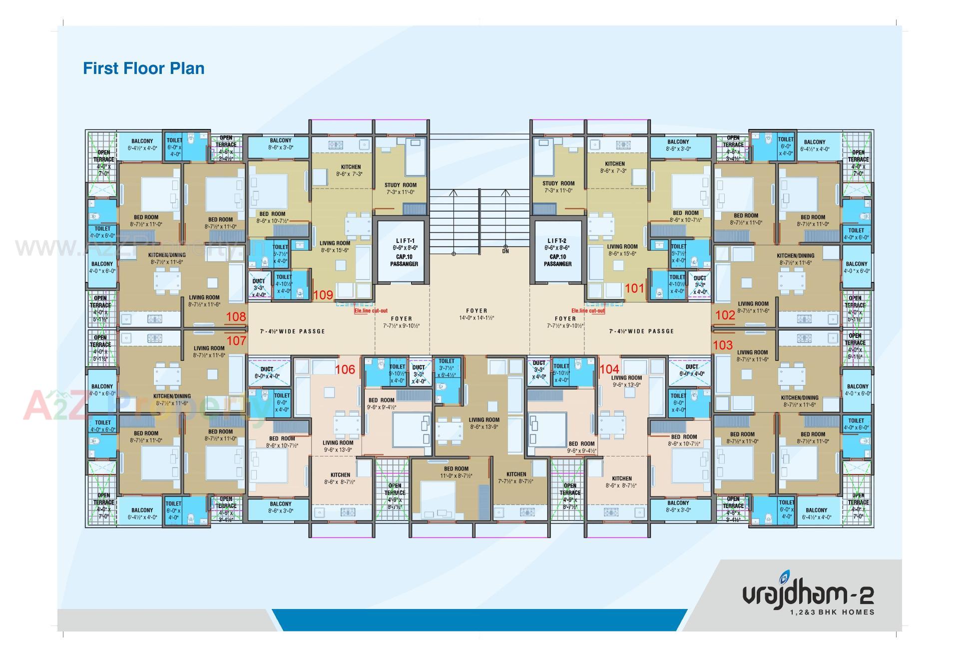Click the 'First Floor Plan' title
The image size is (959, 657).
143,68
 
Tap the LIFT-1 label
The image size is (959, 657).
404,240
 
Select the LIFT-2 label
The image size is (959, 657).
557,240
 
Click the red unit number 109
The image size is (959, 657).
323,295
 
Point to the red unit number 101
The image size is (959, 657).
634,288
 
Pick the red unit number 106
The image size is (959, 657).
345,369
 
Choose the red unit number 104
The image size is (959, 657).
609,369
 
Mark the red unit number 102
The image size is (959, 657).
725,315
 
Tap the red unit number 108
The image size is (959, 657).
236,316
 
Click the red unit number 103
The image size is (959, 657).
722,345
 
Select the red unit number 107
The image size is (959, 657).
236,341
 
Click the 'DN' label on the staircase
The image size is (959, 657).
505,251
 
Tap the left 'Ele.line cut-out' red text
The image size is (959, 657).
371,310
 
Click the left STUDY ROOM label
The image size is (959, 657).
400,185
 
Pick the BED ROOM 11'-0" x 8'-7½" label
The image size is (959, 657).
456,469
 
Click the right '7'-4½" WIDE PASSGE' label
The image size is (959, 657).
641,331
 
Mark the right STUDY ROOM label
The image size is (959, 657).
558,183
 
